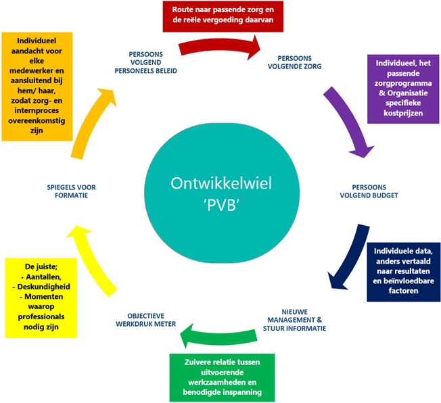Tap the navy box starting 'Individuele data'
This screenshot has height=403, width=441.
[x=403, y=271]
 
